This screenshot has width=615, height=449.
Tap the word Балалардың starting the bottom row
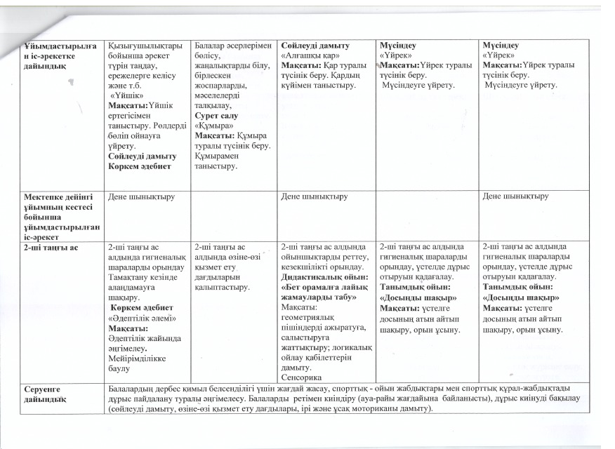[x=131, y=387]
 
